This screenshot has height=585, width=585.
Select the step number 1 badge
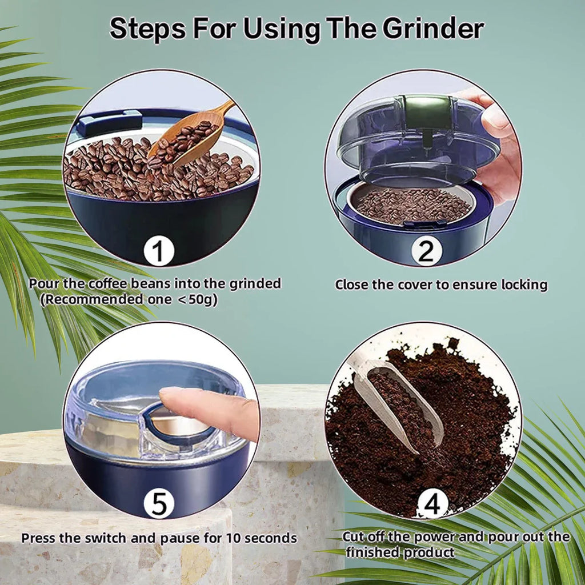[158, 252]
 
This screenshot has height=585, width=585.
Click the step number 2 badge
[426, 252]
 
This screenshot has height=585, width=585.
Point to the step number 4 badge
[432, 504]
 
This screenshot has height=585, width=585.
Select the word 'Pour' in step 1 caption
[43, 284]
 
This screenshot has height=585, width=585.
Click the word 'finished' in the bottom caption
[374, 552]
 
